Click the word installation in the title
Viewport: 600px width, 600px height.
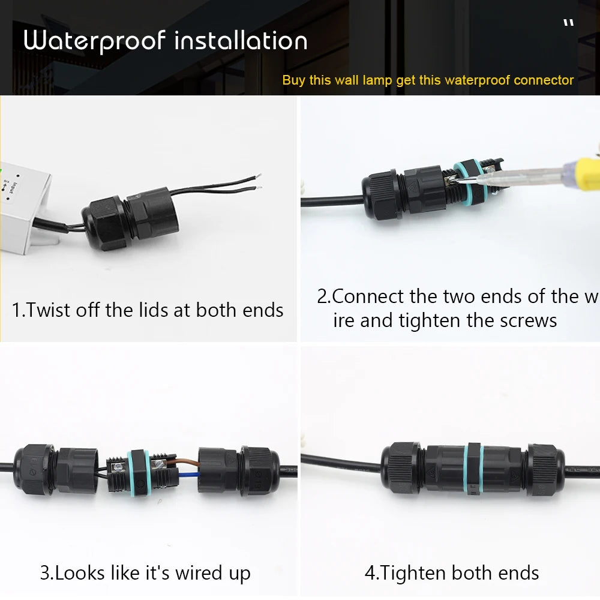pos(241,41)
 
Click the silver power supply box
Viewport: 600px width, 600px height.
pos(24,204)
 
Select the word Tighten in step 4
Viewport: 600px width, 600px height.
pos(413,572)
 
